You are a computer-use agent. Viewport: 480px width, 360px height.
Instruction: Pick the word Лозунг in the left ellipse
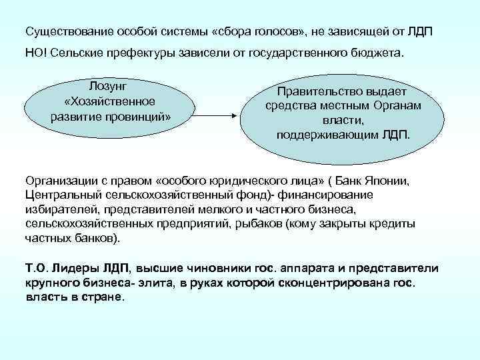109,87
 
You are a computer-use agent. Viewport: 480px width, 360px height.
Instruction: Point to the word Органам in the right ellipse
397,107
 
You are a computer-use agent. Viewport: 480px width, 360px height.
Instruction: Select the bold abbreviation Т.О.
35,269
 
